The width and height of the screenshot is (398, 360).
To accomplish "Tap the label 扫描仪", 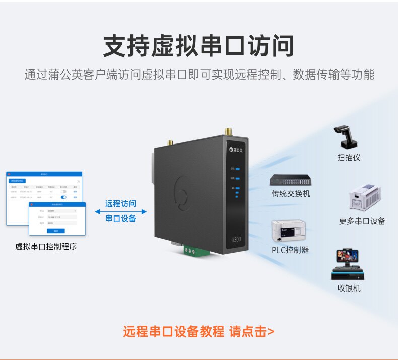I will tap(349, 158).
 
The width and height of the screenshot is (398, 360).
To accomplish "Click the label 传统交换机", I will tap(291, 194).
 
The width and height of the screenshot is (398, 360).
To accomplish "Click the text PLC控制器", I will tap(290, 250).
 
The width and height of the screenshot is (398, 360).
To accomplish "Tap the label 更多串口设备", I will tap(362, 221).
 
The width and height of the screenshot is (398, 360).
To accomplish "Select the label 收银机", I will tap(349, 289).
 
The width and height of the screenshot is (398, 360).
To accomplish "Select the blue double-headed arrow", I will tap(120, 212).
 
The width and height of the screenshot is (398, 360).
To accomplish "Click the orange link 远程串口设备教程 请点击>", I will tap(198, 332).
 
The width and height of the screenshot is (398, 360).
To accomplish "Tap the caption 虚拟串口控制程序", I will tap(46, 247).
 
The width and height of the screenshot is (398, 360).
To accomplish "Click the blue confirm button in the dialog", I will tap(55, 231).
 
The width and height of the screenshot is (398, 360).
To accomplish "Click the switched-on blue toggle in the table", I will tap(63, 197).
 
